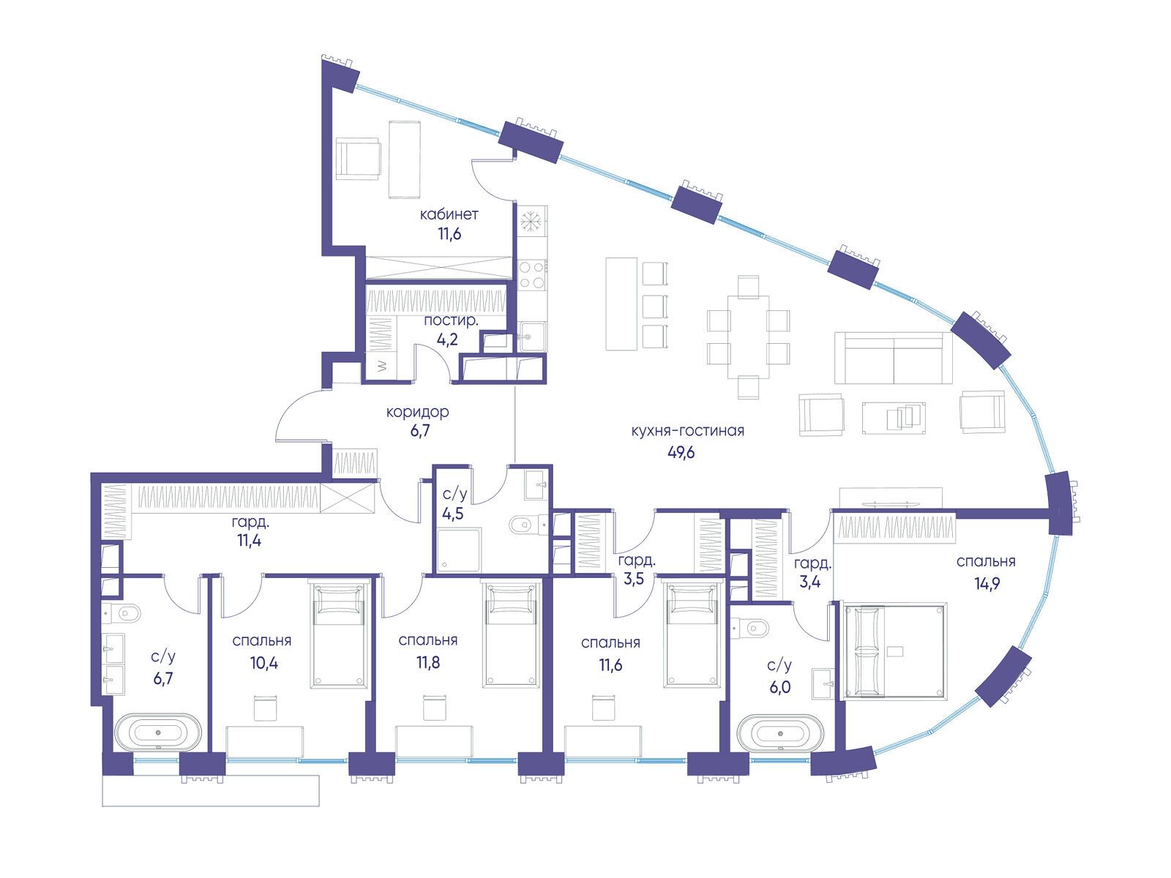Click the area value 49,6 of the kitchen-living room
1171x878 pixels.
tap(681, 453)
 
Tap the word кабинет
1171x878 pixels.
tap(449, 214)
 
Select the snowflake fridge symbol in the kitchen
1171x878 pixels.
tap(531, 221)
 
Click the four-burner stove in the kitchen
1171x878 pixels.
tap(532, 274)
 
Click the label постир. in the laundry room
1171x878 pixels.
tap(451, 321)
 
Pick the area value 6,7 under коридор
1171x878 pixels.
tap(420, 431)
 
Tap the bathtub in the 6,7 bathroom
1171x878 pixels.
tap(158, 732)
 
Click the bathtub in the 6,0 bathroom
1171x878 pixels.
tap(780, 733)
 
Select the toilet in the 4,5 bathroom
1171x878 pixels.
tap(525, 524)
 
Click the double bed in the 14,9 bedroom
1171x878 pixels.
tap(894, 650)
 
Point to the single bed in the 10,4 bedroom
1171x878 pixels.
tap(340, 634)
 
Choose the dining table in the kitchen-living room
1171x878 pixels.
tap(749, 337)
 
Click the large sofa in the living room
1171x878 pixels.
tap(893, 358)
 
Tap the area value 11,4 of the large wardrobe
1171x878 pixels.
tap(249, 541)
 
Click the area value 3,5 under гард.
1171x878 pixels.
tap(635, 579)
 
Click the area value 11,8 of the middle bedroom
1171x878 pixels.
tap(428, 662)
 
